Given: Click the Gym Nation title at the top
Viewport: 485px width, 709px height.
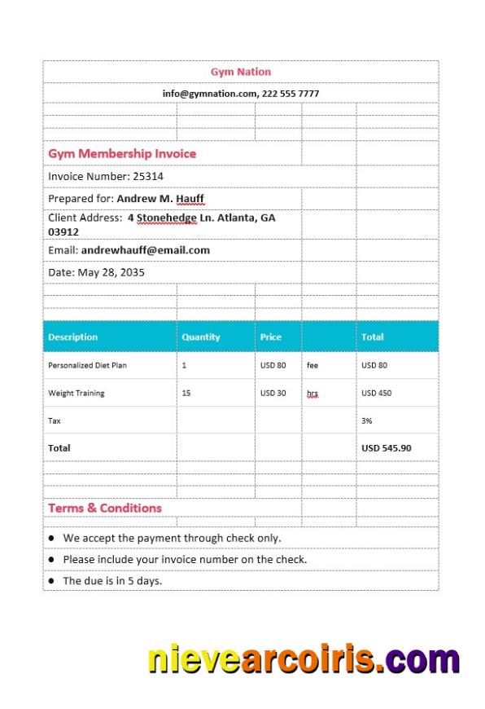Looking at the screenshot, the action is (x=241, y=72).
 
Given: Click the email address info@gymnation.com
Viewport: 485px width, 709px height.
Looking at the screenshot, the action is (x=209, y=94).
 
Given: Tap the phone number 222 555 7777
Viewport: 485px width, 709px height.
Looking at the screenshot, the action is (x=291, y=94).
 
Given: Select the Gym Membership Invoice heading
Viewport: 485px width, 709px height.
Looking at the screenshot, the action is (x=122, y=153).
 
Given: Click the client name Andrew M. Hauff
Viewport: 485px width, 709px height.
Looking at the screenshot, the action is (x=160, y=198).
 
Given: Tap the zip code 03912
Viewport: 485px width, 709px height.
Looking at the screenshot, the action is (x=63, y=232).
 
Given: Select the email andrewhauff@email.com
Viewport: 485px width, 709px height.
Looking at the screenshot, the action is (x=146, y=250).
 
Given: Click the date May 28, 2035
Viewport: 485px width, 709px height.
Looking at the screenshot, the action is (x=111, y=272).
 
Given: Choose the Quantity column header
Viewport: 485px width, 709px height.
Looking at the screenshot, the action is (x=200, y=337).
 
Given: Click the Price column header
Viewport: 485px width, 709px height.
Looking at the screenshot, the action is (x=271, y=337).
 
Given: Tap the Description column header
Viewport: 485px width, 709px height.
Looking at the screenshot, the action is (x=72, y=337).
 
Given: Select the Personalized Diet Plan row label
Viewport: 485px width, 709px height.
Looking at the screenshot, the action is (x=87, y=365).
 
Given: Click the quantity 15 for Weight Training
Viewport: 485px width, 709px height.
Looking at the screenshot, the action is (x=186, y=393).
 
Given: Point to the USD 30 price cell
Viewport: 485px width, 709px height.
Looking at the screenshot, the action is (x=273, y=393).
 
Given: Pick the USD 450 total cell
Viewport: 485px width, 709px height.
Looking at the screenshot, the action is (x=376, y=393).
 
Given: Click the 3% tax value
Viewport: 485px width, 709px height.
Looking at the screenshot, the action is (x=366, y=421).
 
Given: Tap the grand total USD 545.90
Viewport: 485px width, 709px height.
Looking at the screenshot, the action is (x=387, y=447).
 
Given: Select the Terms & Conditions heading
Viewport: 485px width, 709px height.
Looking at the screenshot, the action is (x=105, y=508).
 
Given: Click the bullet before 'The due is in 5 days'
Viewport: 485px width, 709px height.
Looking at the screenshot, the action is (x=52, y=581).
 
